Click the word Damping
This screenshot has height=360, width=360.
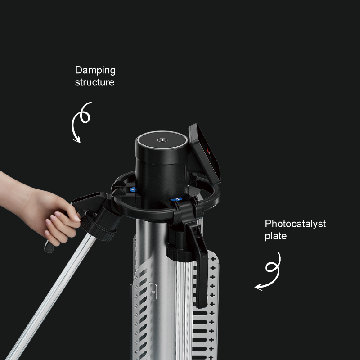[95, 71]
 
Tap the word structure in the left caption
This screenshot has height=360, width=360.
[94, 82]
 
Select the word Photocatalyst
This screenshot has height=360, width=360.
[295, 224]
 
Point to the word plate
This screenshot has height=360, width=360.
[276, 236]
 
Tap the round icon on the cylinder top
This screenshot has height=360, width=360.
[162, 140]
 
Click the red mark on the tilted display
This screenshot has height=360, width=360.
[208, 151]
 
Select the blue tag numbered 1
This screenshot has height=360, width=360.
[176, 199]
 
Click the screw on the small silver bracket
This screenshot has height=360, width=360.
[153, 292]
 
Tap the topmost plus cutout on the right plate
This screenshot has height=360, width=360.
[213, 259]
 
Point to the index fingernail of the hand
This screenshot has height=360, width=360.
[77, 217]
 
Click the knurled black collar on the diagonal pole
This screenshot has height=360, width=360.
[98, 227]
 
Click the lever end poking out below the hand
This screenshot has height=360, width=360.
[49, 247]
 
